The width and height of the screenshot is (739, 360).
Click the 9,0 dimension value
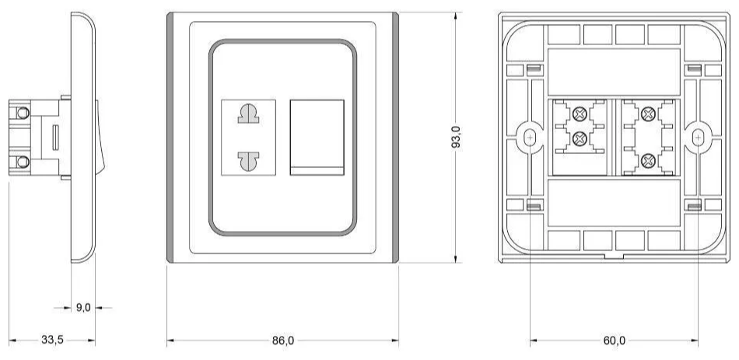tap(83, 308)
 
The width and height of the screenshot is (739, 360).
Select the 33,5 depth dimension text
tap(52, 340)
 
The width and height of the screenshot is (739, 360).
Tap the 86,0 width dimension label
tap(283, 341)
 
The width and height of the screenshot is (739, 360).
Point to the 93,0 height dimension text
tap(456, 137)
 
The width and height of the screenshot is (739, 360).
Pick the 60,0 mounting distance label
tap(614, 341)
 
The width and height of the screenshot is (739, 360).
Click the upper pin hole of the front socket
tap(248, 114)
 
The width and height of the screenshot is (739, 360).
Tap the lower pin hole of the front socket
tap(248, 161)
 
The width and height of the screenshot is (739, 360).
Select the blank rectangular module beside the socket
tap(317, 137)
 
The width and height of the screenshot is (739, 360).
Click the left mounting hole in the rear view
tap(530, 137)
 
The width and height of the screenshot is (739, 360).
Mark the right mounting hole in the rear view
tap(698, 137)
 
